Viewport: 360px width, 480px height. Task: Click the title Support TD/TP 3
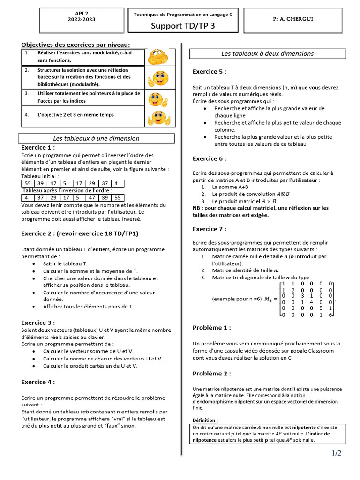pos(183,26)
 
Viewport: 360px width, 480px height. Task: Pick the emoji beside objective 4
pos(158,118)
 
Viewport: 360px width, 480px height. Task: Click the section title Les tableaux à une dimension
pos(96,138)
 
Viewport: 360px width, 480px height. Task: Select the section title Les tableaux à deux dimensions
pos(267,53)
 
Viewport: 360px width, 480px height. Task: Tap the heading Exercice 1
pos(38,147)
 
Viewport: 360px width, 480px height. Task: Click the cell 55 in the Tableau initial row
pos(28,183)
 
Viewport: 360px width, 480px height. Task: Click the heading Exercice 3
pos(38,322)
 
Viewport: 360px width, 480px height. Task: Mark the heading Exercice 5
pos(210,72)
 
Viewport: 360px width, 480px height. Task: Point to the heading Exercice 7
pos(210,229)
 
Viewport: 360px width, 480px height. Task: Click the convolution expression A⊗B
pos(283,194)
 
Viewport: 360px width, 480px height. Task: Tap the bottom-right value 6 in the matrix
pos(330,315)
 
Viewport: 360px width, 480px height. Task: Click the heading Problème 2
pos(211,374)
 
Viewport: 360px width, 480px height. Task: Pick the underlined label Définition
pos(205,420)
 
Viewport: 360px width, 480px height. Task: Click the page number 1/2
pos(337,453)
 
